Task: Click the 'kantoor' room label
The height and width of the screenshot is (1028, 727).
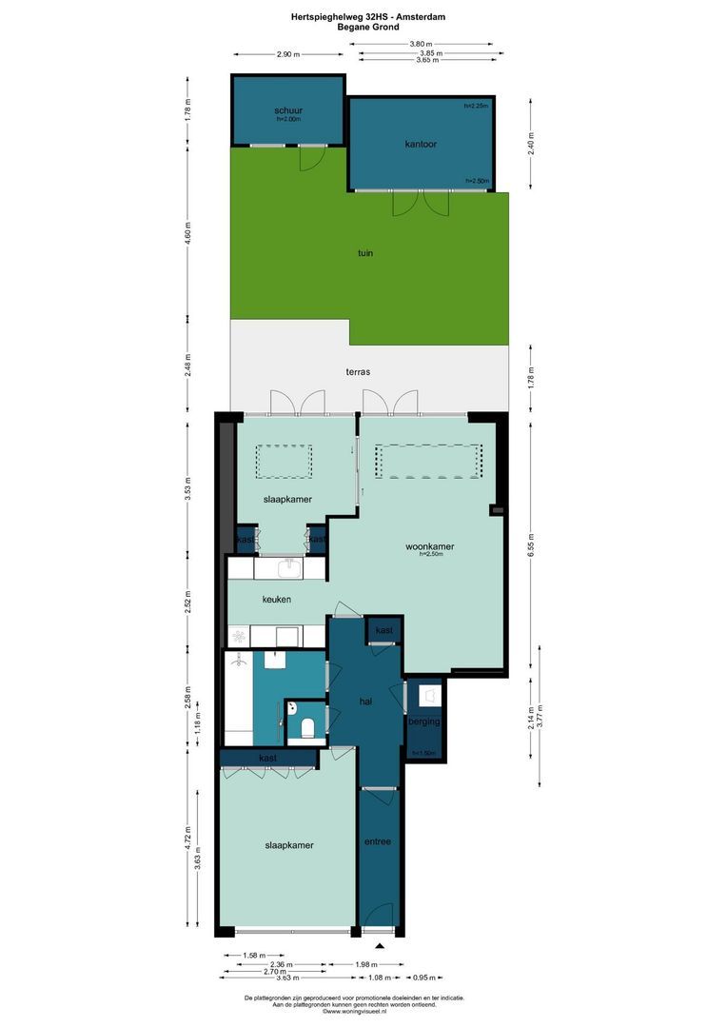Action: pyautogui.click(x=420, y=145)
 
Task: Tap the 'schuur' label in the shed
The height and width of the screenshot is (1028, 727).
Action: pyautogui.click(x=287, y=111)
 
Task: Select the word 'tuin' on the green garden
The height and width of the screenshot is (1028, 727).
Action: pyautogui.click(x=365, y=253)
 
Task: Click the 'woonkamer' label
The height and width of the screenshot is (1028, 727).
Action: pyautogui.click(x=429, y=546)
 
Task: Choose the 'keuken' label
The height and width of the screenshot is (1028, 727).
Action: pyautogui.click(x=277, y=599)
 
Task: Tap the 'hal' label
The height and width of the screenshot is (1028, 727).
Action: pyautogui.click(x=364, y=701)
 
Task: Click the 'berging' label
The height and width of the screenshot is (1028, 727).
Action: pyautogui.click(x=424, y=722)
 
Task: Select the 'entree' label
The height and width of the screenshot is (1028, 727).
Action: pyautogui.click(x=378, y=842)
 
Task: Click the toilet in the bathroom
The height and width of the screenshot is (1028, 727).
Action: pyautogui.click(x=306, y=728)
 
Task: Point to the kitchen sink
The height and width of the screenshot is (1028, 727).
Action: pyautogui.click(x=289, y=568)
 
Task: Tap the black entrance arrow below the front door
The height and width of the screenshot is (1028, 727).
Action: pyautogui.click(x=380, y=945)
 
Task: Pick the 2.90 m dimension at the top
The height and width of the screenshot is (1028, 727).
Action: pyautogui.click(x=288, y=54)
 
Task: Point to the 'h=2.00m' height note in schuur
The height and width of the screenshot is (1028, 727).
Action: pyautogui.click(x=287, y=120)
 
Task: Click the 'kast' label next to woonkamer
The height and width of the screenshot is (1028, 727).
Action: pyautogui.click(x=384, y=631)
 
